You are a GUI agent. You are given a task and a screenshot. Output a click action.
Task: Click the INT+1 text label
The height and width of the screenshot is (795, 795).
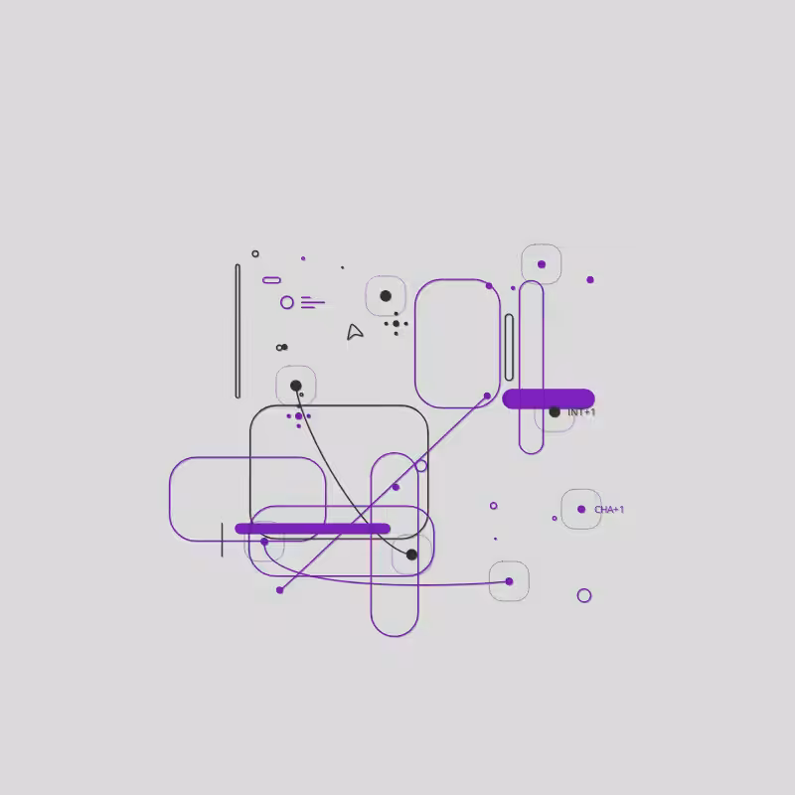point(581,412)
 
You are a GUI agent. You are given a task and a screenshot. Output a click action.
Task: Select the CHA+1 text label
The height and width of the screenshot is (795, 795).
point(609,510)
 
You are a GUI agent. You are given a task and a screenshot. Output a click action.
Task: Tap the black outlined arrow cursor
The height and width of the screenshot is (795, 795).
point(355,332)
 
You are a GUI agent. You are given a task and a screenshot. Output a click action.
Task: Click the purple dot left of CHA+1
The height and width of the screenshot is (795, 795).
point(581,509)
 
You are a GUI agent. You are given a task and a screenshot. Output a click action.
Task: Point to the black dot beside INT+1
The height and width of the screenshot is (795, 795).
point(555,412)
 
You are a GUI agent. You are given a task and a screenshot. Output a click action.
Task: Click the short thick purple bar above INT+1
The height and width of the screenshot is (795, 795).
point(549,398)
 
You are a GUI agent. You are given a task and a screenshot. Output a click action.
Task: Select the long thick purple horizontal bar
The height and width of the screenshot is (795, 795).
point(312,529)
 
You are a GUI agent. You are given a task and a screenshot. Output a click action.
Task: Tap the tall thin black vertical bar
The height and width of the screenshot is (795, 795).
point(238,331)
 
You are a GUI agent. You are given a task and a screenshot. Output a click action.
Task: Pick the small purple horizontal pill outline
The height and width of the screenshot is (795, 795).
point(271,280)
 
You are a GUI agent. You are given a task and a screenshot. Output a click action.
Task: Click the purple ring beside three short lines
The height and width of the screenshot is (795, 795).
point(287,303)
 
